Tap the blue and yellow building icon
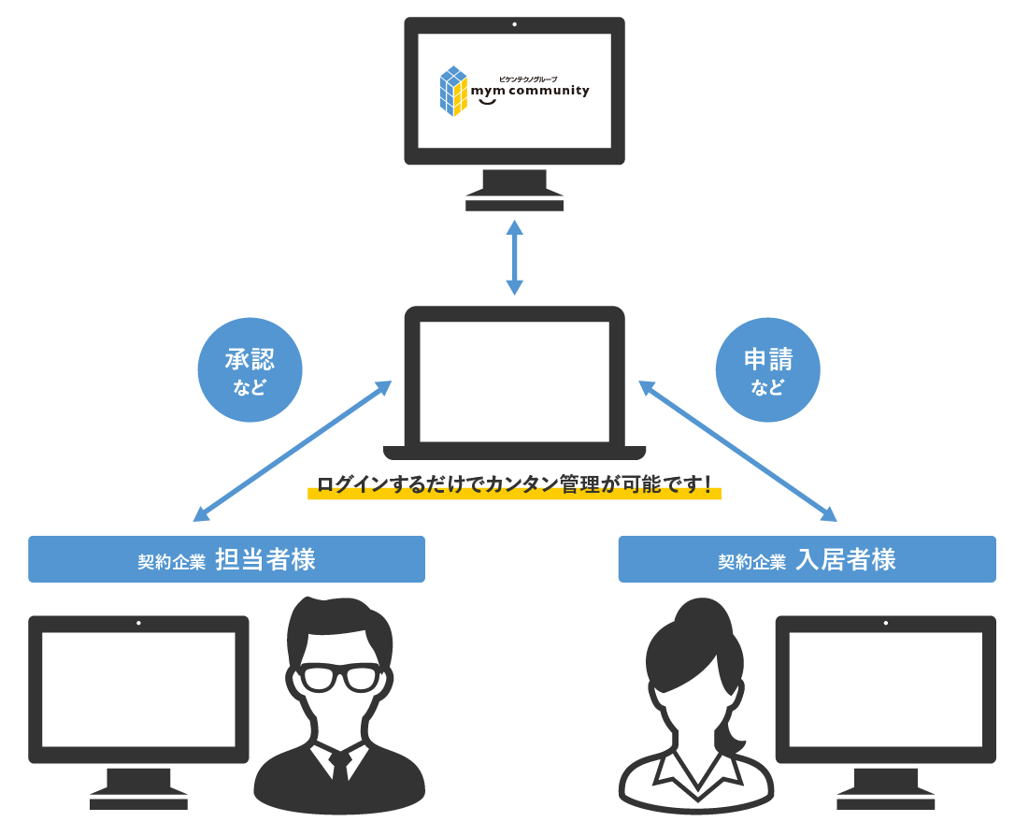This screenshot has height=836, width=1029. (452, 91)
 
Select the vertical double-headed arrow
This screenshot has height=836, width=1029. (514, 257)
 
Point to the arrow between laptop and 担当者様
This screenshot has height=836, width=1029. (292, 451)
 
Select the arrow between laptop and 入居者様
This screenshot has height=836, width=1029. (737, 451)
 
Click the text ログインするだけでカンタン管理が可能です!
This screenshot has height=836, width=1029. (514, 484)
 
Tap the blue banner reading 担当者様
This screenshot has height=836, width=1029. (226, 559)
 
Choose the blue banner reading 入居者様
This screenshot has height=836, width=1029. (807, 559)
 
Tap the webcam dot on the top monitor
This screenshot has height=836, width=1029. (514, 24)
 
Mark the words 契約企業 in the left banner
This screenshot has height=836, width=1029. (171, 562)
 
